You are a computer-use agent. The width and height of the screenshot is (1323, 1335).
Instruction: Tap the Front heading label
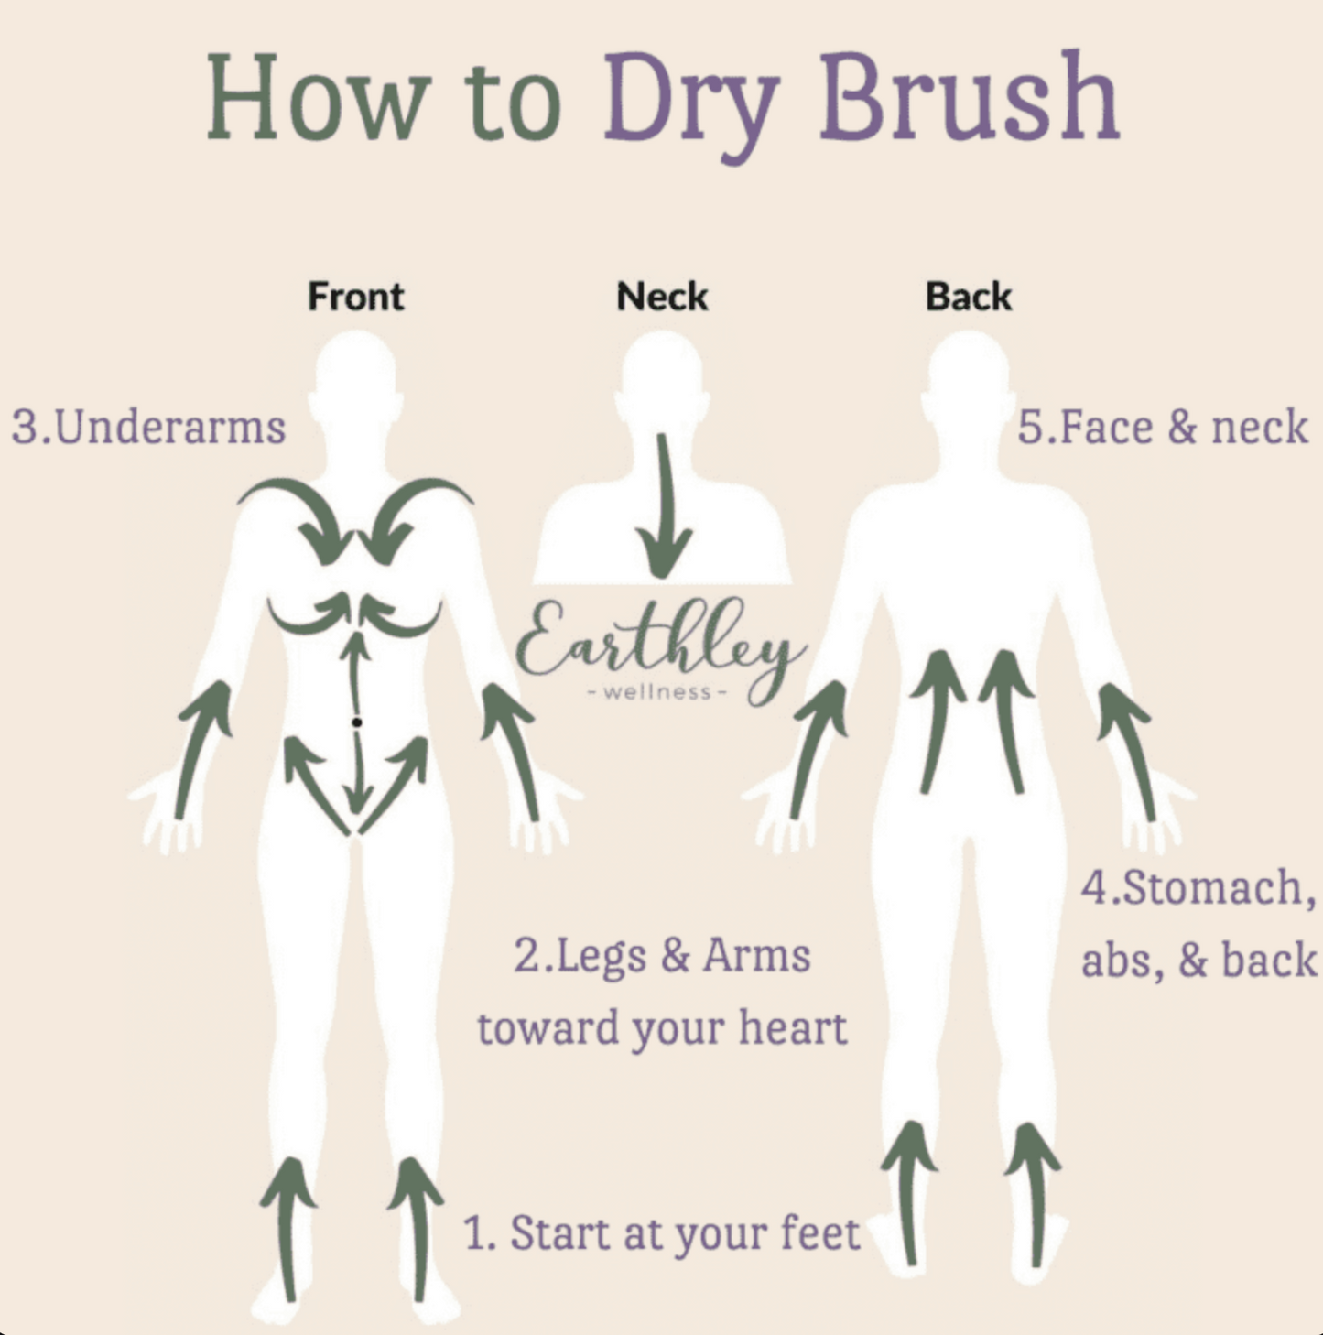(x=355, y=297)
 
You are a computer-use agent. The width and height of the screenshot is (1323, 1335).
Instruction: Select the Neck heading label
(x=662, y=297)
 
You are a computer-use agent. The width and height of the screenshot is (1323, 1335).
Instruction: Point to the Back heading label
(x=968, y=297)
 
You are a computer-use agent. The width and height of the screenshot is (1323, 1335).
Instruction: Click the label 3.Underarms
(x=148, y=427)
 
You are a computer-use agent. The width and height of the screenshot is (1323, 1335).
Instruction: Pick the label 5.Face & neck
(x=1162, y=427)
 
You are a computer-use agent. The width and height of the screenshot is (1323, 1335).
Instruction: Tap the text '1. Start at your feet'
(x=661, y=1234)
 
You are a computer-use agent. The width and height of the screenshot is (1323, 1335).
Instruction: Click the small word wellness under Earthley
(x=657, y=691)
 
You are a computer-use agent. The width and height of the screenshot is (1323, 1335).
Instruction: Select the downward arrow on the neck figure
(x=663, y=505)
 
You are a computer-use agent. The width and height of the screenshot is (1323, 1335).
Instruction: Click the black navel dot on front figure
(x=357, y=722)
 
